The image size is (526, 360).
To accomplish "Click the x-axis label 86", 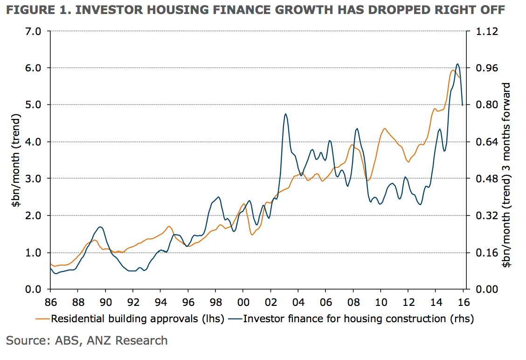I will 50,301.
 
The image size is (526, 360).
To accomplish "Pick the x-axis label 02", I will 270,301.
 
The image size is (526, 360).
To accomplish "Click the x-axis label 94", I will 160,301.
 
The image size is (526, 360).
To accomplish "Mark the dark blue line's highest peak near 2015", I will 457,64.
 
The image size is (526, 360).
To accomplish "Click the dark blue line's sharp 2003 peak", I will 285,114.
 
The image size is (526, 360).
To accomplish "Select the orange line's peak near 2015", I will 452,70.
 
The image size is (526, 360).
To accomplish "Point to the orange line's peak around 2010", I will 385,129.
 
